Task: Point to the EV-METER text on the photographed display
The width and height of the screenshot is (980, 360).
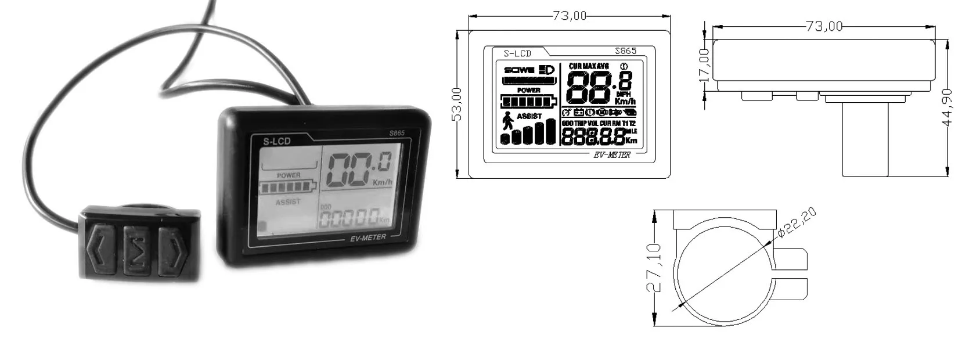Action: (368, 237)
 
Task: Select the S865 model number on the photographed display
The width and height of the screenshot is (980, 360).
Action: (396, 132)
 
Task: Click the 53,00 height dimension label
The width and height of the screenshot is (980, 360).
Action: (457, 104)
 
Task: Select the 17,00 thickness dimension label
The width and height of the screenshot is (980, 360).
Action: (704, 64)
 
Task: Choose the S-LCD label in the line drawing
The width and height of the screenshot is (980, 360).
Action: (517, 53)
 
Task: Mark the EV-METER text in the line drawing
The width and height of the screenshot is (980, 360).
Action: (612, 154)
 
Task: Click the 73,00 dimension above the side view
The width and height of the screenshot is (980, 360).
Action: (824, 26)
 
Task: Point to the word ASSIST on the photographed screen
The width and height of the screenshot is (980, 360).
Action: (289, 202)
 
